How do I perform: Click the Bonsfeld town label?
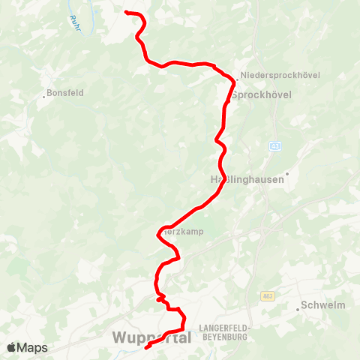click(x=67, y=93)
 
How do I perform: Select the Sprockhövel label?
click(x=261, y=95)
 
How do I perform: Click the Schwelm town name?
click(x=322, y=305)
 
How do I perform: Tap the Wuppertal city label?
click(x=151, y=338)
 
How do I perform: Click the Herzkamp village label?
click(x=184, y=232)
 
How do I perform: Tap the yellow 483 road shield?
click(x=267, y=297)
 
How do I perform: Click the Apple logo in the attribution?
click(x=12, y=347)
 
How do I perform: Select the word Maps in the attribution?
click(x=32, y=347)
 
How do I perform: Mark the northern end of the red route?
click(x=125, y=12)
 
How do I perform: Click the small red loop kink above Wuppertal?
click(x=161, y=298)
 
